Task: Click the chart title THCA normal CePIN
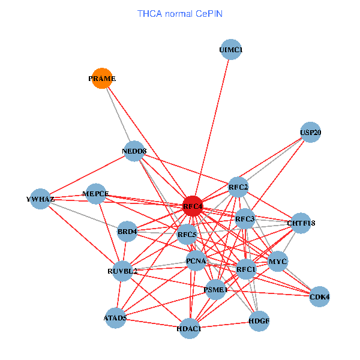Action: pos(180,13)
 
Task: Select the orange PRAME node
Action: pos(102,79)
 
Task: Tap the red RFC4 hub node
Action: pos(193,206)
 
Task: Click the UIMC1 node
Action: pos(231,50)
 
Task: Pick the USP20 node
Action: pos(310,133)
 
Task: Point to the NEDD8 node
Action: pos(134,151)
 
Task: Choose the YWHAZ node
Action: pos(40,199)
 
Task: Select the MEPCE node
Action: pos(96,194)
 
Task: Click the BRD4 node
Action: pos(127,231)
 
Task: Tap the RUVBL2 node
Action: pos(122,271)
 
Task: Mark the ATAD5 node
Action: pos(115,317)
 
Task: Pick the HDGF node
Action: pos(259,321)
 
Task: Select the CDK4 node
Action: pos(319,296)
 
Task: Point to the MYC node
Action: pos(277,262)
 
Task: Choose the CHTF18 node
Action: pos(301,223)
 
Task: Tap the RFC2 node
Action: pos(238,187)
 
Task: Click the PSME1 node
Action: pos(216,290)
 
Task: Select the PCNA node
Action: pos(196,261)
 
